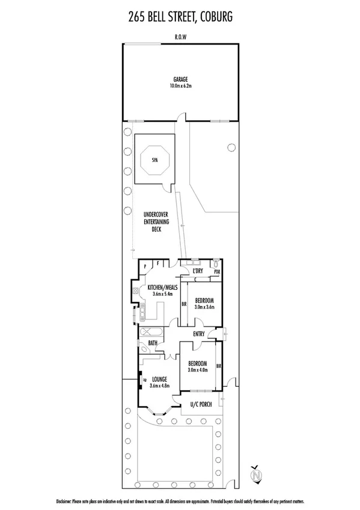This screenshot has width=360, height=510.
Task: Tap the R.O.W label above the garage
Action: tap(180, 36)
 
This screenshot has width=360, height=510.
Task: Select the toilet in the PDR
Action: tap(216, 263)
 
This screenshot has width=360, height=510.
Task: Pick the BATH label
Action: tap(153, 343)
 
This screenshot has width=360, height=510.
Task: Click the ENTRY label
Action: tap(199, 334)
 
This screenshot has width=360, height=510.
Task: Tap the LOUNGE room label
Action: tap(159, 379)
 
